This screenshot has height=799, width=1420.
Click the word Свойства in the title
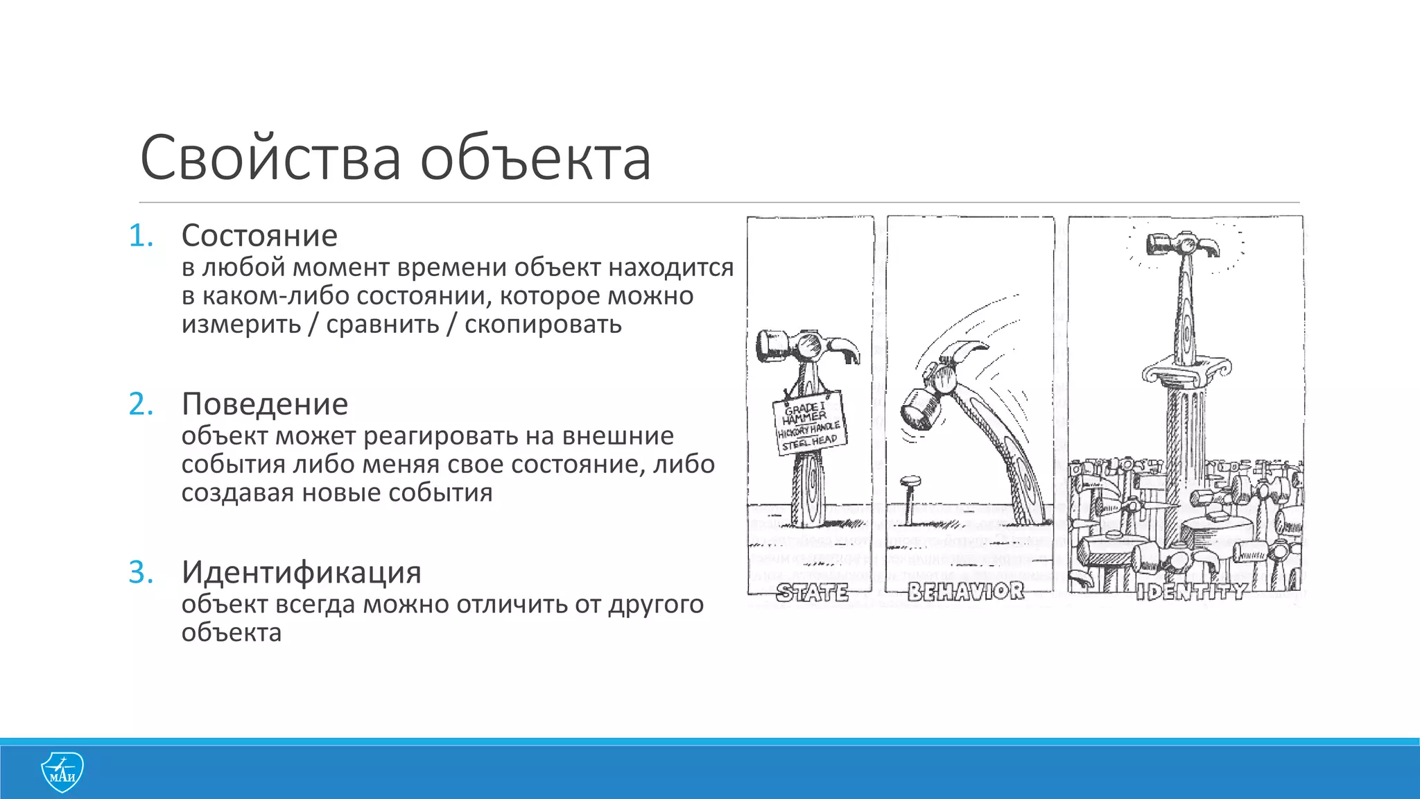pyautogui.click(x=270, y=158)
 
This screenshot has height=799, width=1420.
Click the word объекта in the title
pyautogui.click(x=535, y=158)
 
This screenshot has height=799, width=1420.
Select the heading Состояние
pyautogui.click(x=259, y=236)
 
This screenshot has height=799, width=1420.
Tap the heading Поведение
pyautogui.click(x=265, y=404)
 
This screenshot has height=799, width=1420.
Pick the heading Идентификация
pyautogui.click(x=302, y=572)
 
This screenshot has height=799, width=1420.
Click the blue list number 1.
pyautogui.click(x=141, y=237)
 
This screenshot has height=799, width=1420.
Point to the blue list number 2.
pyautogui.click(x=141, y=404)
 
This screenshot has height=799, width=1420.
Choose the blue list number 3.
pyautogui.click(x=141, y=573)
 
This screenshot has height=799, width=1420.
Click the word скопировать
pyautogui.click(x=543, y=325)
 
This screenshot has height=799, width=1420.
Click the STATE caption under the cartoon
pyautogui.click(x=812, y=593)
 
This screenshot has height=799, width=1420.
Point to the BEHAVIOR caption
pyautogui.click(x=966, y=592)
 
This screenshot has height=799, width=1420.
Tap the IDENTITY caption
pyautogui.click(x=1191, y=592)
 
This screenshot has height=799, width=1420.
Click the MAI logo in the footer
pyautogui.click(x=62, y=771)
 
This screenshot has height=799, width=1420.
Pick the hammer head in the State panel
pyautogui.click(x=807, y=345)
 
